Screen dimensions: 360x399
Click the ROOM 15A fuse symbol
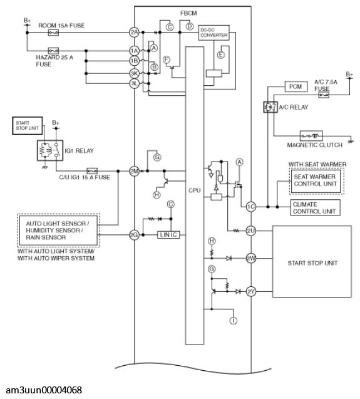tap(53, 33)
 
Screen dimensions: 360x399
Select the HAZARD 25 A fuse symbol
tap(53, 50)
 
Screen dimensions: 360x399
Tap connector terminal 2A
tap(134, 33)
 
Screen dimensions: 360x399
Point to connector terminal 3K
tap(134, 73)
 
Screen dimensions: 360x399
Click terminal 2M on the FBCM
tap(134, 171)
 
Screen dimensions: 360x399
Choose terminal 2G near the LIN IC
tap(134, 235)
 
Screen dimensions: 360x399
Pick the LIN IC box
tap(168, 235)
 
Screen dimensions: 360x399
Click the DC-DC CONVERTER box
tap(213, 33)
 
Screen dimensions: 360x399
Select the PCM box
tap(296, 86)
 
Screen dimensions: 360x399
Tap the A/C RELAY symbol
tap(270, 107)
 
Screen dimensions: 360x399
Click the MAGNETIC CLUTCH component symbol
tap(311, 136)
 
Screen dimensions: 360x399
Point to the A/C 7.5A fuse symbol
tap(324, 95)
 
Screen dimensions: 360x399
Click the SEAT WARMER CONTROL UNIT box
tap(315, 180)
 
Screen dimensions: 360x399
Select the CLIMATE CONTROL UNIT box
tap(315, 208)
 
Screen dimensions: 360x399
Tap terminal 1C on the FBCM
tap(251, 207)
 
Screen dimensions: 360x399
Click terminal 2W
tap(251, 259)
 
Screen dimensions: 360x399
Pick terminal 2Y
tap(251, 292)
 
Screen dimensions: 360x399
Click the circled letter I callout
tap(234, 320)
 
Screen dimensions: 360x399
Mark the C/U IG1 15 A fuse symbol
tap(92, 171)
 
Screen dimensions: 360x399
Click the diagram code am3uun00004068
tap(44, 390)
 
